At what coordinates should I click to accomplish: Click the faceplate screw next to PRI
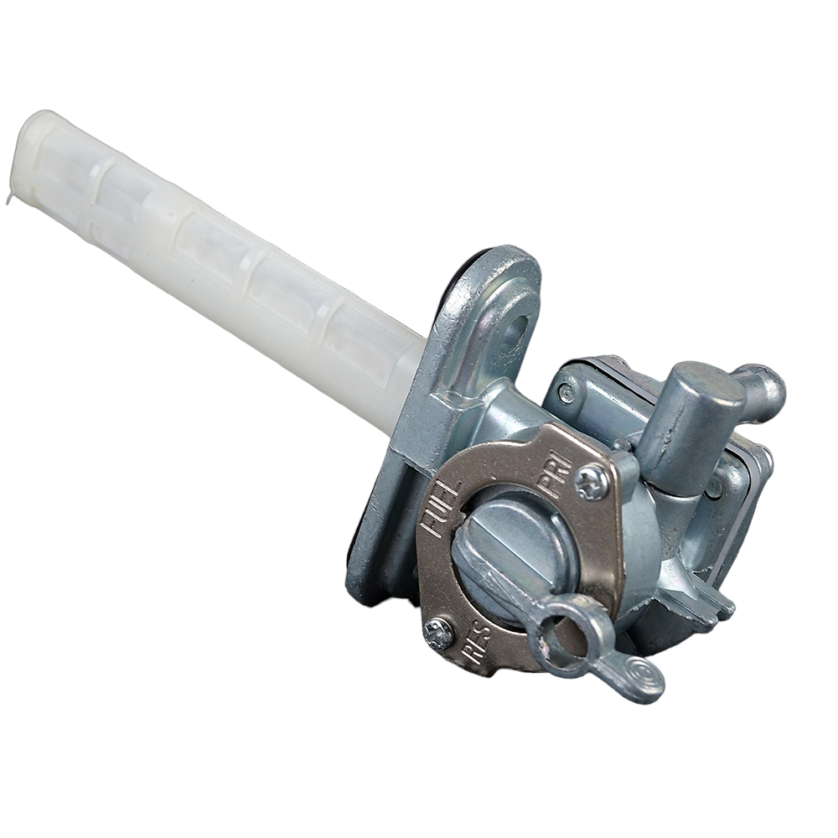click(592, 483)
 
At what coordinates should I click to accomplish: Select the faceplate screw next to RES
click(438, 634)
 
